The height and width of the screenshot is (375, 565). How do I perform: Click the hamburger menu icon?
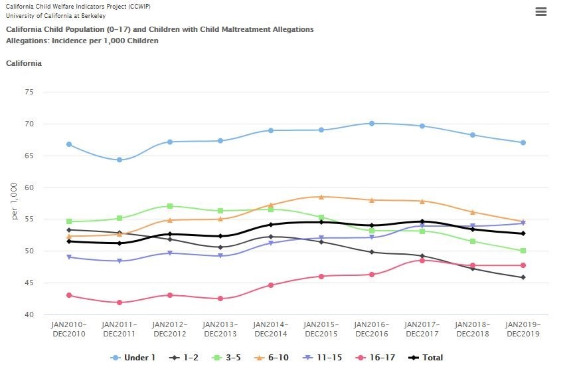pyautogui.click(x=540, y=12)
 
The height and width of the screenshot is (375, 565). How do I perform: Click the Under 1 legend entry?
pyautogui.click(x=133, y=358)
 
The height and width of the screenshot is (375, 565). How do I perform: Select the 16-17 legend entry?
pyautogui.click(x=376, y=358)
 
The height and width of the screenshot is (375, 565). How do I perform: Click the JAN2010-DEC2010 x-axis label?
pyautogui.click(x=69, y=329)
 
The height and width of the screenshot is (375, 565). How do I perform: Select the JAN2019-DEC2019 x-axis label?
pyautogui.click(x=523, y=329)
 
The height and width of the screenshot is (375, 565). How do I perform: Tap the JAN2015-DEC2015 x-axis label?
pyautogui.click(x=321, y=329)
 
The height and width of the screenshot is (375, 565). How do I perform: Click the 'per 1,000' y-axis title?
pyautogui.click(x=15, y=203)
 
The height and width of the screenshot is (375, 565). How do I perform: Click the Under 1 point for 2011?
pyautogui.click(x=120, y=160)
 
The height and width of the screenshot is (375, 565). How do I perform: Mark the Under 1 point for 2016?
pyautogui.click(x=372, y=124)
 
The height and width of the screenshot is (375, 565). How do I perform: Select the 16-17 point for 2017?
pyautogui.click(x=422, y=261)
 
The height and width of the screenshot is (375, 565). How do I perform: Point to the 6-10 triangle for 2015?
pyautogui.click(x=321, y=197)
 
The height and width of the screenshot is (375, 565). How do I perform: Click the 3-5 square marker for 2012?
pyautogui.click(x=170, y=206)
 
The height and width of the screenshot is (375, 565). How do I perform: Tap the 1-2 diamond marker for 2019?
pyautogui.click(x=523, y=277)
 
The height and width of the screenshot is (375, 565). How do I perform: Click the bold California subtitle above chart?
pyautogui.click(x=24, y=63)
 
